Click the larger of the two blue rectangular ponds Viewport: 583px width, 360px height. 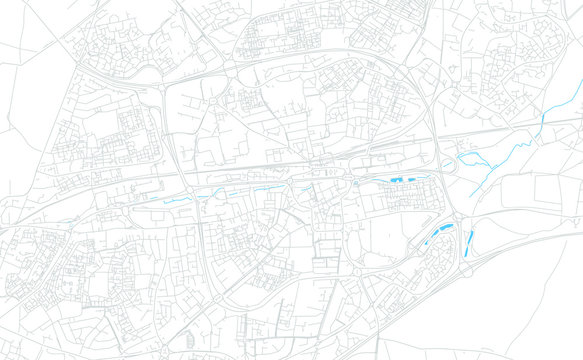point(397,177)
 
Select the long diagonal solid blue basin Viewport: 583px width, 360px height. point(437,236)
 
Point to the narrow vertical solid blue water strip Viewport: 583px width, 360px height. point(468,241)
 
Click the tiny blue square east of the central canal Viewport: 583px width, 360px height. point(355,184)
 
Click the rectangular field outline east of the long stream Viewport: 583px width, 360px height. point(555,190)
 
